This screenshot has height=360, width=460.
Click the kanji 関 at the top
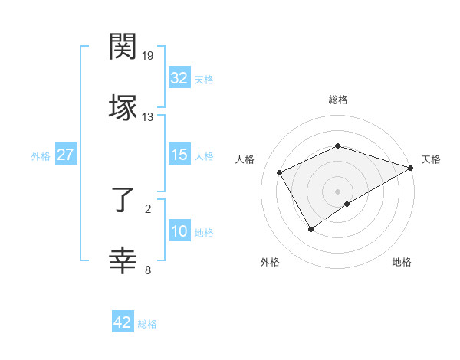click(x=123, y=47)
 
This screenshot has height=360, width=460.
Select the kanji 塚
click(x=123, y=107)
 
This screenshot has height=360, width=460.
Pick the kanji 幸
click(x=123, y=261)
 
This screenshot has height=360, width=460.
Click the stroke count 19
click(x=148, y=56)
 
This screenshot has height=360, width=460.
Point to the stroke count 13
click(x=148, y=117)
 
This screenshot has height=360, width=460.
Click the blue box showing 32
click(x=179, y=78)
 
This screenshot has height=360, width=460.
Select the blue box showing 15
click(x=179, y=155)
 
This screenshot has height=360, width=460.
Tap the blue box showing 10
click(x=179, y=232)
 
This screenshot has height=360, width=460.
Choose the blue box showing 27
click(x=65, y=155)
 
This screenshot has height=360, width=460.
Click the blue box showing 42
click(x=122, y=322)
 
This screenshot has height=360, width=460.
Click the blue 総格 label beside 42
click(x=147, y=324)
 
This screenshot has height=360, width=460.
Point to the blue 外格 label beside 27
click(x=41, y=155)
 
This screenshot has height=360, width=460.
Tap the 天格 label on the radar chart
click(x=431, y=159)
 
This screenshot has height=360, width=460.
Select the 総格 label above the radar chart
click(x=337, y=100)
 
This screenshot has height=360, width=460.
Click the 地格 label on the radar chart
click(x=402, y=262)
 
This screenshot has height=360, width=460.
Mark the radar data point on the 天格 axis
click(x=412, y=168)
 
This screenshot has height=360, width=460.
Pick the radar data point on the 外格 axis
click(x=310, y=229)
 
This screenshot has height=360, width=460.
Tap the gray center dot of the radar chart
click(x=337, y=191)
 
